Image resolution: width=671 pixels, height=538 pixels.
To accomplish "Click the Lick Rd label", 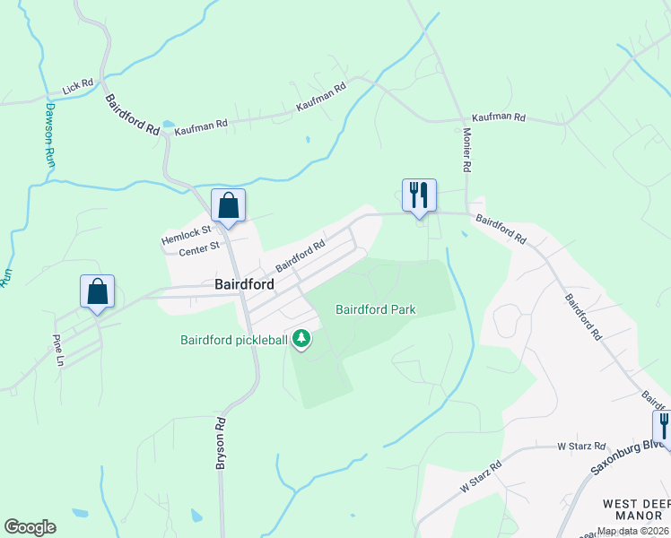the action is click(78, 87).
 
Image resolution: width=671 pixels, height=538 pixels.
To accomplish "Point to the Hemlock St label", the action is click(186, 235).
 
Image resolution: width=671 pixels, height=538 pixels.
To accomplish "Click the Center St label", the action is click(199, 249).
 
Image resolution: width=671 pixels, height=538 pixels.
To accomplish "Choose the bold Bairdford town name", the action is click(244, 284).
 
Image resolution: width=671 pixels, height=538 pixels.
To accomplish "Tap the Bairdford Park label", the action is click(376, 310).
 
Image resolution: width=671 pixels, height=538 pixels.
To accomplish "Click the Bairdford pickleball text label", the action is click(235, 340).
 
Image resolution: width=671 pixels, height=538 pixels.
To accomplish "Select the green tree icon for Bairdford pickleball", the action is click(303, 339).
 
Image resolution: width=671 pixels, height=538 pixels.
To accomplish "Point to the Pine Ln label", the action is click(58, 346).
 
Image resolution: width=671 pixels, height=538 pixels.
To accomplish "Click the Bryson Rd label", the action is click(220, 442).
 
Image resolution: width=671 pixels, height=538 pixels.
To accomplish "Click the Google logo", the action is click(30, 527).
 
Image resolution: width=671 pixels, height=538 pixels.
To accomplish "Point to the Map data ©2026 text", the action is click(632, 531).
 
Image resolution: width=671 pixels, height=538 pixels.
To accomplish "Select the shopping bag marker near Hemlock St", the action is click(229, 205).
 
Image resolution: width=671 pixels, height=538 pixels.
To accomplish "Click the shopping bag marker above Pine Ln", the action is click(97, 291).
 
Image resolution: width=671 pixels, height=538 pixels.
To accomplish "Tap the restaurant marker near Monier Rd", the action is click(418, 195).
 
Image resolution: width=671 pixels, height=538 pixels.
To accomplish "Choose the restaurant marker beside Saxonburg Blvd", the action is click(664, 425).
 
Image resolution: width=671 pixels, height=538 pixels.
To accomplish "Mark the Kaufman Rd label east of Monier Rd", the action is click(499, 117).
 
